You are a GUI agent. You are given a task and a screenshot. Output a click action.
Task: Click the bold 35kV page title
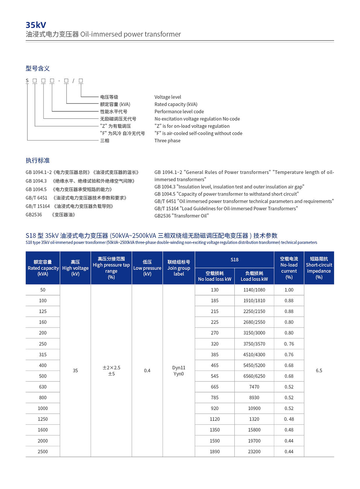36,25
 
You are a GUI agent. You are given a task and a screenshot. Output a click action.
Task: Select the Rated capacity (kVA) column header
43,268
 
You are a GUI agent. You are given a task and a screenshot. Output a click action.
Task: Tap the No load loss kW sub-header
215,276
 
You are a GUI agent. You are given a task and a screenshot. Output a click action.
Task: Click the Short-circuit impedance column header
319,268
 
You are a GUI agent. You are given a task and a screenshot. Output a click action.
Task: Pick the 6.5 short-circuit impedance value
319,370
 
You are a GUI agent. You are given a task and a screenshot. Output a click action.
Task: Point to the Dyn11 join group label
179,368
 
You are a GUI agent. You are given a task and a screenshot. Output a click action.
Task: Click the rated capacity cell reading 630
43,387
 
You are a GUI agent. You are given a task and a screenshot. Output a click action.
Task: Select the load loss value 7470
254,387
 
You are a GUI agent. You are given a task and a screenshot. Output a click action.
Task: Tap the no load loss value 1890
215,452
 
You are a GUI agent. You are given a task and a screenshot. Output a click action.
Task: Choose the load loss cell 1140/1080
254,290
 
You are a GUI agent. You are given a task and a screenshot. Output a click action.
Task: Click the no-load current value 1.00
289,290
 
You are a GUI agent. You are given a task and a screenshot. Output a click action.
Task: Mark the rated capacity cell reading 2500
43,452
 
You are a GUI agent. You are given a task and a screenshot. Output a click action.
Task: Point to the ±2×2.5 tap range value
111,368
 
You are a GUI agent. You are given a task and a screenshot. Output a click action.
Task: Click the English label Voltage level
168,97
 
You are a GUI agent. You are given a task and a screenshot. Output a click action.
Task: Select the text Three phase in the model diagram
167,141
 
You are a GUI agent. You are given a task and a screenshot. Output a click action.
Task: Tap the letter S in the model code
27,81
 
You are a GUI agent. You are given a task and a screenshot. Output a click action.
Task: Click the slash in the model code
73,81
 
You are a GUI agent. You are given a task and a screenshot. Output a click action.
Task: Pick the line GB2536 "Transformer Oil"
181,216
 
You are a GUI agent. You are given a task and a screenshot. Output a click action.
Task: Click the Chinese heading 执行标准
37,160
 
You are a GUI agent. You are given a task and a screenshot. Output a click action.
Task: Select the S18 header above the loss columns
234,259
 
